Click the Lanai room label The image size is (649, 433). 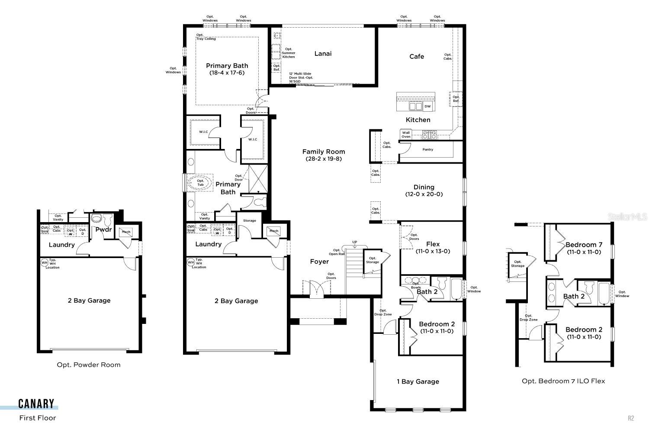click(x=323, y=54)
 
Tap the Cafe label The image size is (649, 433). click(x=417, y=56)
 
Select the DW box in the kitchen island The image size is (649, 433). click(x=427, y=106)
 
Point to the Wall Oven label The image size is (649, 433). click(x=405, y=135)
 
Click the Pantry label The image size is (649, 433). click(x=427, y=149)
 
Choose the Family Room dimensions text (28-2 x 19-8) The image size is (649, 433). click(x=323, y=159)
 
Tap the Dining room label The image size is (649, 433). click(x=424, y=187)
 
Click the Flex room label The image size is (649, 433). click(x=433, y=244)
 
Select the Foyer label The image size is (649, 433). click(x=319, y=262)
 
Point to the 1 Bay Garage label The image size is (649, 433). click(x=418, y=381)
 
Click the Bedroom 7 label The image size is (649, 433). click(x=584, y=245)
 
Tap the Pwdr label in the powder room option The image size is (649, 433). click(x=103, y=229)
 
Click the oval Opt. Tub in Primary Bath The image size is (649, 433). click(x=200, y=183)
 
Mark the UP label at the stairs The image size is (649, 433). click(x=355, y=242)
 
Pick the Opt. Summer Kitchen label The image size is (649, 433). click(x=289, y=53)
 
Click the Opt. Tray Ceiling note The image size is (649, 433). click(x=206, y=37)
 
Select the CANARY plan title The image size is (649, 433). click(x=36, y=404)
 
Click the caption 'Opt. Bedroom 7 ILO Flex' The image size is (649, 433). click(x=563, y=381)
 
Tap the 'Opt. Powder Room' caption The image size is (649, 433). click(x=89, y=365)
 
